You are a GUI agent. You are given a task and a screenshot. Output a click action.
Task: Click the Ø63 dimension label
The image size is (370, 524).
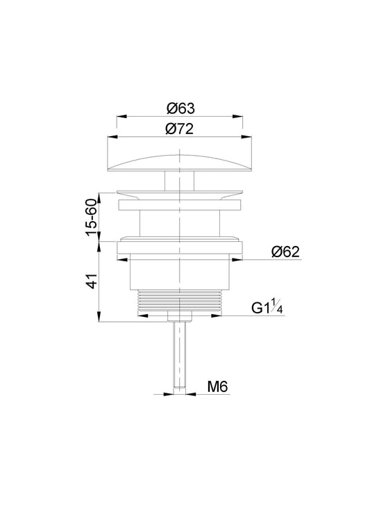click(180, 108)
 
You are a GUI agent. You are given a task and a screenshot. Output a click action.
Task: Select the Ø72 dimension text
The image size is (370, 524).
click(179, 129)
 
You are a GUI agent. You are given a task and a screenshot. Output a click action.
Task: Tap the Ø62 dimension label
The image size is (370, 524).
click(285, 252)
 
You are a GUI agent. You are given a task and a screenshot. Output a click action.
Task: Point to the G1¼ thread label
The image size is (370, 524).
click(267, 306)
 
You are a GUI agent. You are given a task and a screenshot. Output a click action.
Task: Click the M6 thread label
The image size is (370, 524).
click(217, 386)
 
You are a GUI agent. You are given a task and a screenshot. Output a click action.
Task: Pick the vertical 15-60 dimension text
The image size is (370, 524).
click(91, 218)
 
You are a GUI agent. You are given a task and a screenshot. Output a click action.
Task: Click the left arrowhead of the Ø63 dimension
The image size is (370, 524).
click(121, 116)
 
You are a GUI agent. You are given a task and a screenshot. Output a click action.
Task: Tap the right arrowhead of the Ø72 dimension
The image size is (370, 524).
click(246, 136)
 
